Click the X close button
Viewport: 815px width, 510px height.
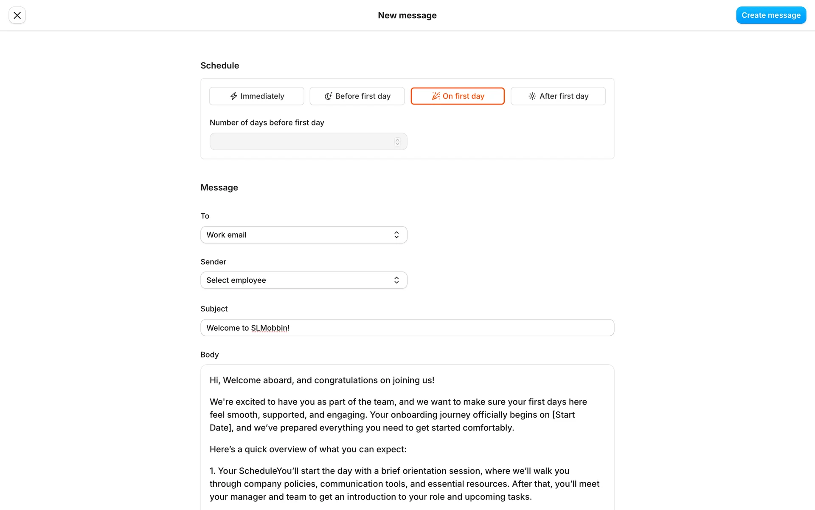click(17, 15)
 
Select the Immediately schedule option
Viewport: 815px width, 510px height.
click(256, 96)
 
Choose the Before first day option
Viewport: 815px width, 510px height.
click(357, 96)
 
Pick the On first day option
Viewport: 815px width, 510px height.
click(458, 96)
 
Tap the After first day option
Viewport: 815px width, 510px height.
click(558, 96)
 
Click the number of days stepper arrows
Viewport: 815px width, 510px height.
click(397, 142)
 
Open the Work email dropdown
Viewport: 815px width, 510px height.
click(304, 235)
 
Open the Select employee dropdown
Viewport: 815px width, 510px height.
click(304, 280)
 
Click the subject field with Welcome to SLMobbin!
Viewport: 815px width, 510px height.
click(407, 328)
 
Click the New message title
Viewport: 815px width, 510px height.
click(407, 15)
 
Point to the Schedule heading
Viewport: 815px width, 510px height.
click(219, 65)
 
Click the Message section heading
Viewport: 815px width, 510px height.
click(219, 187)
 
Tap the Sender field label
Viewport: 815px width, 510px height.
click(213, 262)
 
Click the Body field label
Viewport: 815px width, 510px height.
click(209, 354)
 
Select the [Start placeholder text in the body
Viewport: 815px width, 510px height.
click(563, 415)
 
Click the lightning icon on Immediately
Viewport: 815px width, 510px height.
click(234, 96)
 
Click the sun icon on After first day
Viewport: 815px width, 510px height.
click(532, 96)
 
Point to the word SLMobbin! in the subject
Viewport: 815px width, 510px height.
click(270, 328)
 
